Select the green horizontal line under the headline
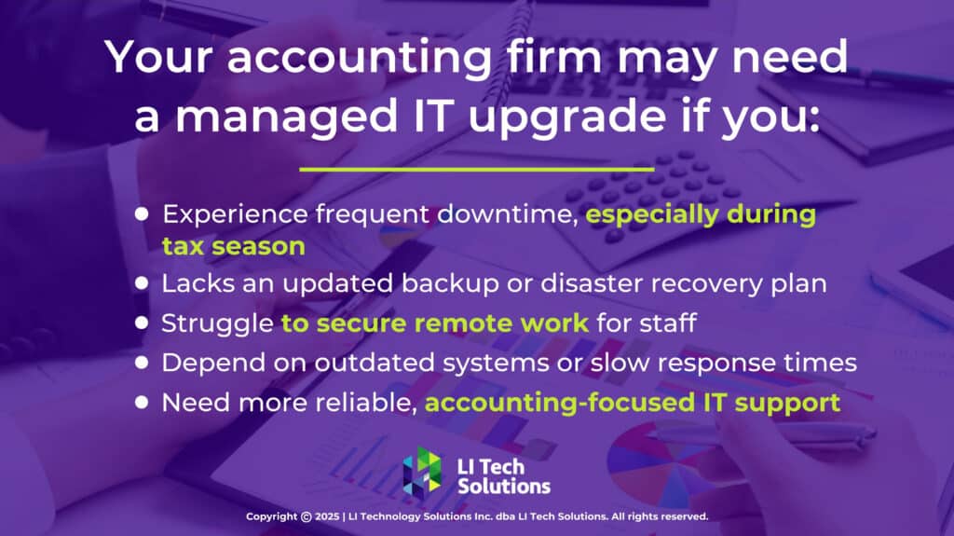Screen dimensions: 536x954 [x=476, y=170]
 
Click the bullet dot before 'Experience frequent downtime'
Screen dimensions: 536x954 [x=142, y=213]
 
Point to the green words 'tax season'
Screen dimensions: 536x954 [x=233, y=246]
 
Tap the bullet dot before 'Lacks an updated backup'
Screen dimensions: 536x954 [x=142, y=282]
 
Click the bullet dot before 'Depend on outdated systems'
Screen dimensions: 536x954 [x=142, y=363]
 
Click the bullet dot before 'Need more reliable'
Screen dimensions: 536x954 [x=142, y=403]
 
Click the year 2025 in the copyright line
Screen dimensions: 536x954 [x=327, y=516]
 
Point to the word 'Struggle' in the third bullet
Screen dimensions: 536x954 [x=216, y=323]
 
